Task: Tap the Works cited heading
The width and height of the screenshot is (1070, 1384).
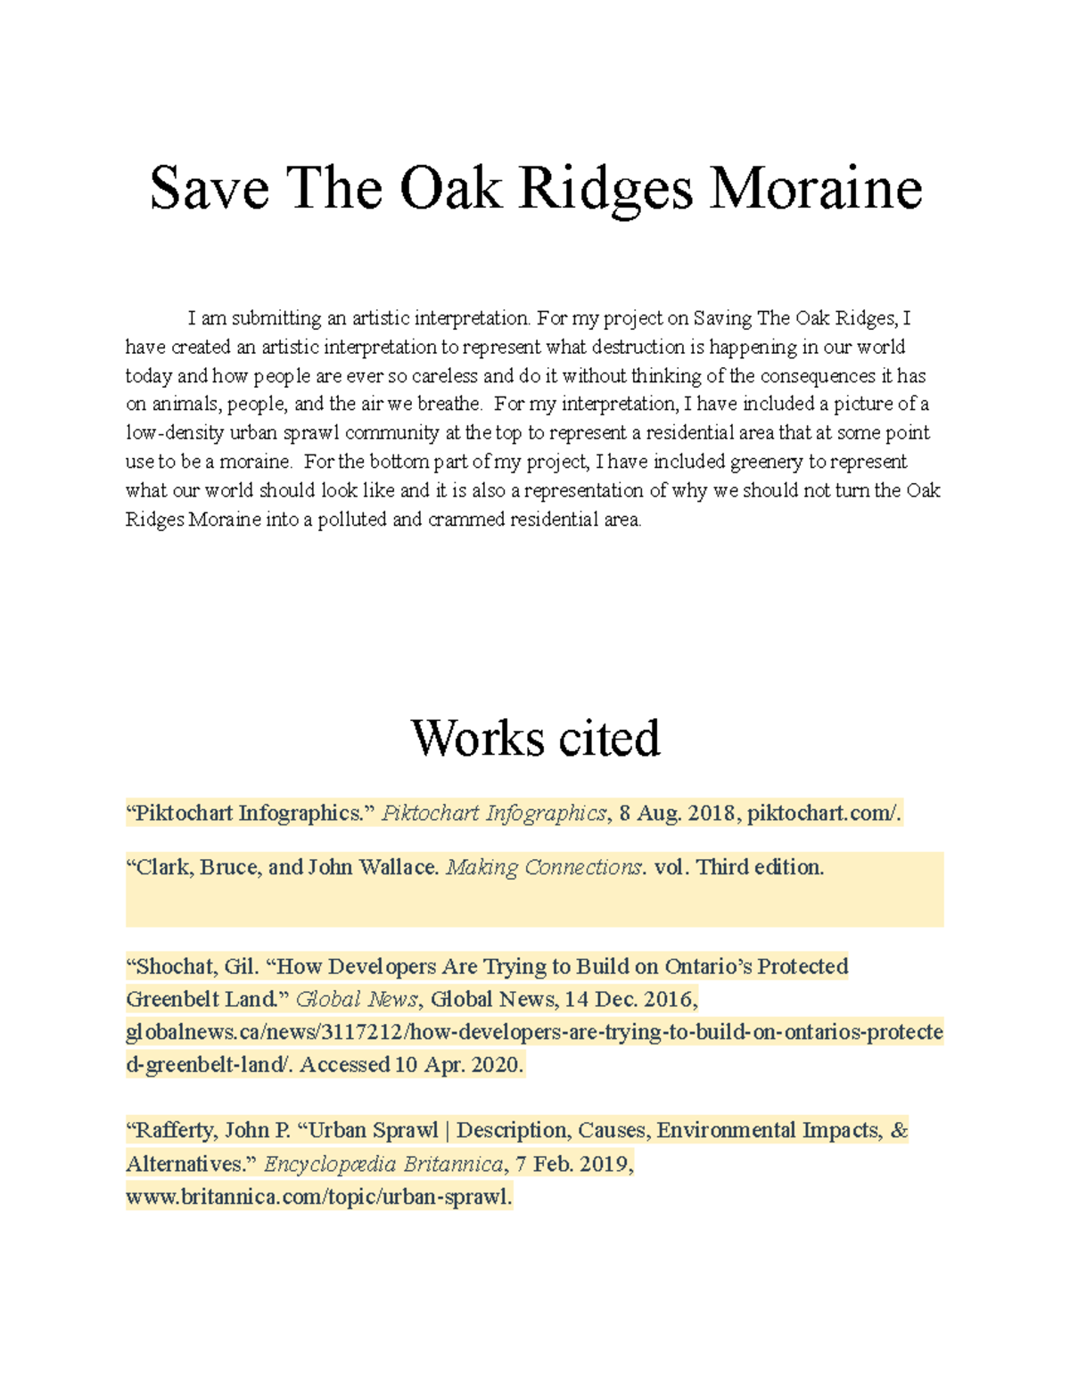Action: pyautogui.click(x=535, y=738)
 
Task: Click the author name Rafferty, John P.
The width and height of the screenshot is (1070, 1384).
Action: pyautogui.click(x=212, y=1131)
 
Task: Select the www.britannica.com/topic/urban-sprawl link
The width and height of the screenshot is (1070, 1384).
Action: pyautogui.click(x=318, y=1197)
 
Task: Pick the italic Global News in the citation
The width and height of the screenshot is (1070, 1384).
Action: pyautogui.click(x=356, y=999)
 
